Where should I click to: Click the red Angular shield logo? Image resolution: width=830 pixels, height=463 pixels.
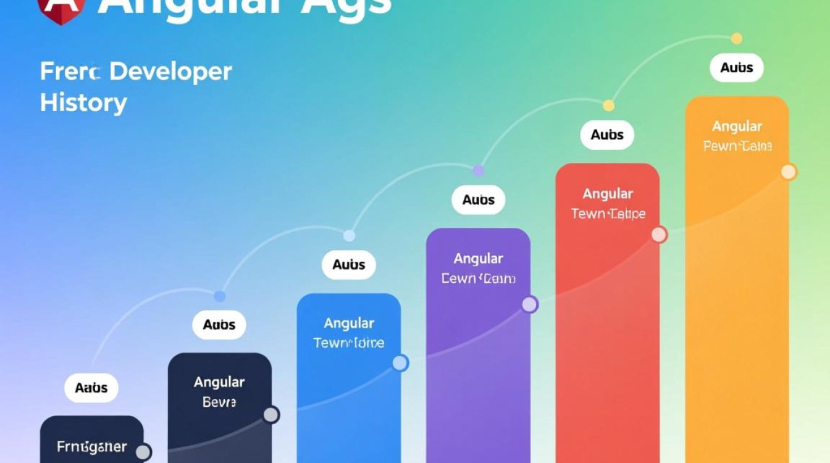(x=60, y=10)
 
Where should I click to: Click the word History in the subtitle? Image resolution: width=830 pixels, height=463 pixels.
(x=83, y=102)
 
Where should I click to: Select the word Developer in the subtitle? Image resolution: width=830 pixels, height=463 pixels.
(x=170, y=72)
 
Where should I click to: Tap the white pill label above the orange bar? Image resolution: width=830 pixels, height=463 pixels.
(x=737, y=68)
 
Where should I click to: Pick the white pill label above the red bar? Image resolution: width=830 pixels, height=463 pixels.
(x=607, y=135)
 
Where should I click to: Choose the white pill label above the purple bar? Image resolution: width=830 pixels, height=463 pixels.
(x=479, y=200)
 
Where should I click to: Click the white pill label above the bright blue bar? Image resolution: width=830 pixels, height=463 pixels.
(x=349, y=265)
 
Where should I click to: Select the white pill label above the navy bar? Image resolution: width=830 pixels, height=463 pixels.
(x=219, y=325)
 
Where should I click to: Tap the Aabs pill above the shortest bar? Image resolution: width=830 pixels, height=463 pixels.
(x=91, y=388)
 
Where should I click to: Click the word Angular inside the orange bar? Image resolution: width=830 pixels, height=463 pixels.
(x=737, y=127)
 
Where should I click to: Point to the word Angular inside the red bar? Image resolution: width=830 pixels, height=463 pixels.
(x=608, y=194)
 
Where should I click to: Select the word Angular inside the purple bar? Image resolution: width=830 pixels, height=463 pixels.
(x=478, y=259)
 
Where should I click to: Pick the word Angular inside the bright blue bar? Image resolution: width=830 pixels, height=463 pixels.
(x=349, y=323)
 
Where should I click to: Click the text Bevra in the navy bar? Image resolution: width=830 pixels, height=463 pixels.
(x=219, y=403)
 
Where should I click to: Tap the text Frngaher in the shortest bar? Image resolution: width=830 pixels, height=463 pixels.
(x=91, y=446)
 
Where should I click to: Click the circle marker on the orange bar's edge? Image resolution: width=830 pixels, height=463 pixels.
(x=789, y=172)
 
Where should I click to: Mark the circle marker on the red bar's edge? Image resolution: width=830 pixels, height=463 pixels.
(x=659, y=235)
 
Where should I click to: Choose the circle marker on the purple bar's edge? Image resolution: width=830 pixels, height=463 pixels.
(x=529, y=304)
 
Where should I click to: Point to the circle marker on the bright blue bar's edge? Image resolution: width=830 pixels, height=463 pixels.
(x=400, y=363)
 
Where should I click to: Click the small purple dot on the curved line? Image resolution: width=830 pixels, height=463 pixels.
(x=478, y=170)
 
